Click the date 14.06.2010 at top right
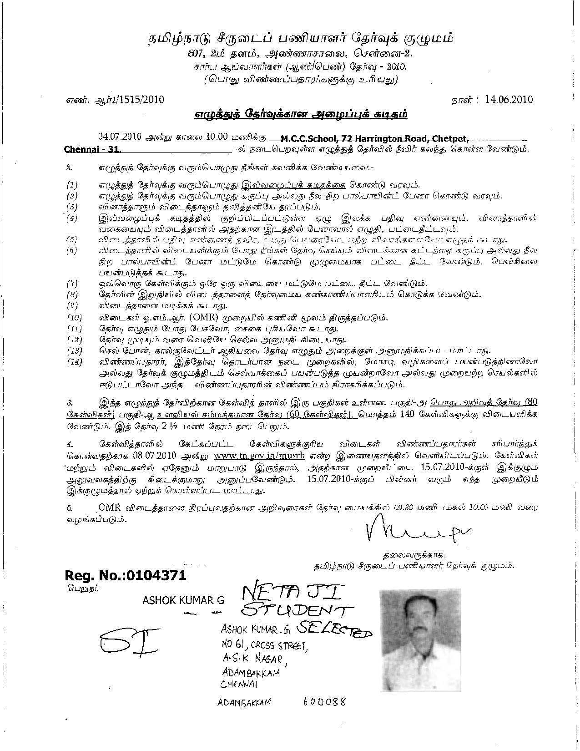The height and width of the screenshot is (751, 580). pyautogui.click(x=509, y=100)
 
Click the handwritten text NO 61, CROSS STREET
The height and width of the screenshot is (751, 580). pyautogui.click(x=262, y=644)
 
